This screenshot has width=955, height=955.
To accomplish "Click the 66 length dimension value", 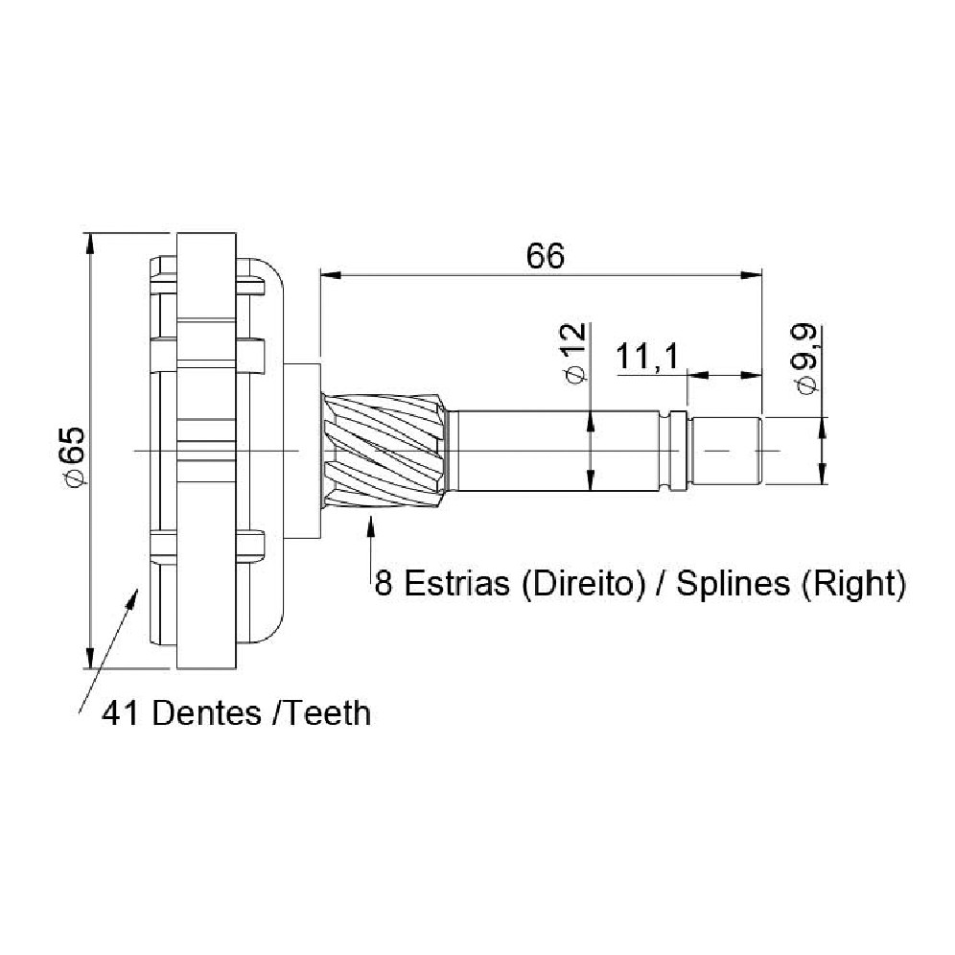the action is click(x=546, y=256).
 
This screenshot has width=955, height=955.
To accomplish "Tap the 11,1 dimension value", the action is click(x=647, y=357).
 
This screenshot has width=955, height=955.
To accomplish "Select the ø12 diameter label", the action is click(x=575, y=353).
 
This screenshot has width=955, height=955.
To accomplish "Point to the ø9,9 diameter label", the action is click(x=805, y=359).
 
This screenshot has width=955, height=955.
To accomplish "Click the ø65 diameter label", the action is click(x=75, y=456).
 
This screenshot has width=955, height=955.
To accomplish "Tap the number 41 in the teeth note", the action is click(x=121, y=712).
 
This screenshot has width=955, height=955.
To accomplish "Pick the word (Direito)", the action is click(x=583, y=584).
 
